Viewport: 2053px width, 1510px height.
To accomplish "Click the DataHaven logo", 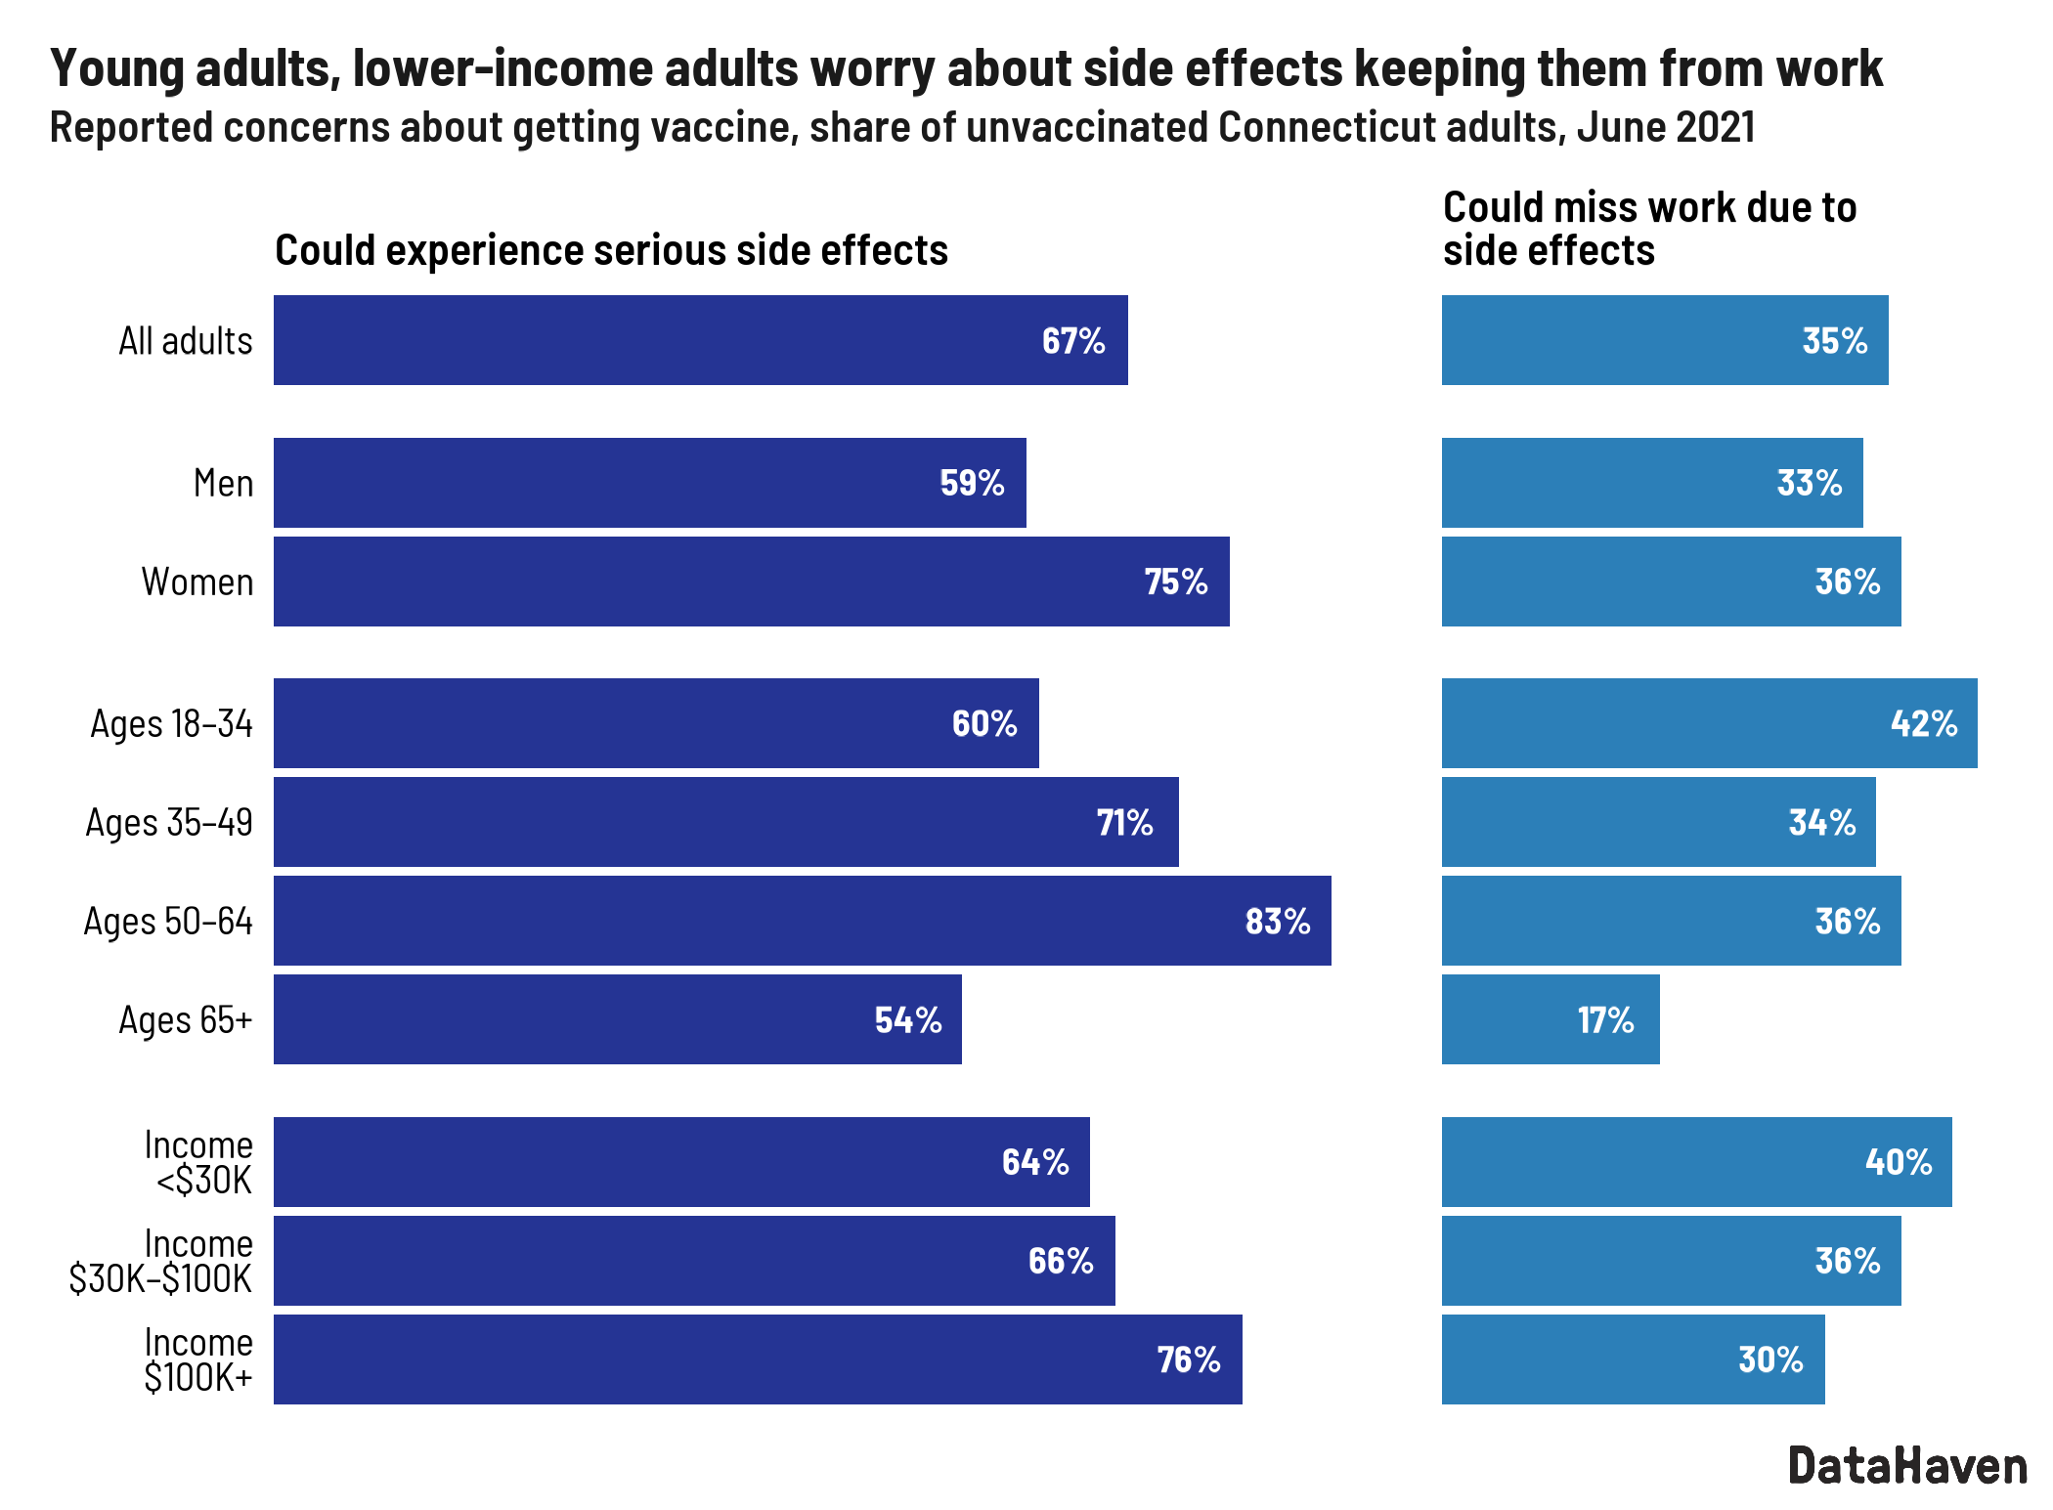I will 1907,1466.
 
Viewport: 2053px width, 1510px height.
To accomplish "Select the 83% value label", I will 1277,922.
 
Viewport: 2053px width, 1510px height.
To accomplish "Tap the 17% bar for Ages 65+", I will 1550,1019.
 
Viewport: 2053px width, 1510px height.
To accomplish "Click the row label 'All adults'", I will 186,341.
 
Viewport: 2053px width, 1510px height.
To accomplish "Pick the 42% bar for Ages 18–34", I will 1708,723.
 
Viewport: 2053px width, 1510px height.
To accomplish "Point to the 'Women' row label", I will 197,582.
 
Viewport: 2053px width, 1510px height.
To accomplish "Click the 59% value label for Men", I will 972,483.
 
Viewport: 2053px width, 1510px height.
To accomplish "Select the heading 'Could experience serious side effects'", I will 611,250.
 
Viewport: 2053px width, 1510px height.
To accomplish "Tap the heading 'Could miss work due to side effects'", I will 1648,229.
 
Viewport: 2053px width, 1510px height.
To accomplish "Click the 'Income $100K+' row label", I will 198,1359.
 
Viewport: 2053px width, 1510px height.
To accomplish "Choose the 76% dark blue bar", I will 758,1359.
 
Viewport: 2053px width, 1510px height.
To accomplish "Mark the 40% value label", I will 1898,1162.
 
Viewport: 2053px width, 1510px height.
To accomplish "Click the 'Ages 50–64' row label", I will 168,922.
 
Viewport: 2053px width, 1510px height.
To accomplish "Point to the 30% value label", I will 1769,1359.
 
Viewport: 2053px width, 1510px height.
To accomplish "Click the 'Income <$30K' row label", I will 199,1162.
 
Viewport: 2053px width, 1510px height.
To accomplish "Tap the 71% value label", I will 1124,823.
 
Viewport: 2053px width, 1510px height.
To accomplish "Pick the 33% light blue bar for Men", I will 1652,483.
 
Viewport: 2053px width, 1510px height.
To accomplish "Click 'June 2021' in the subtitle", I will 1666,128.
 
